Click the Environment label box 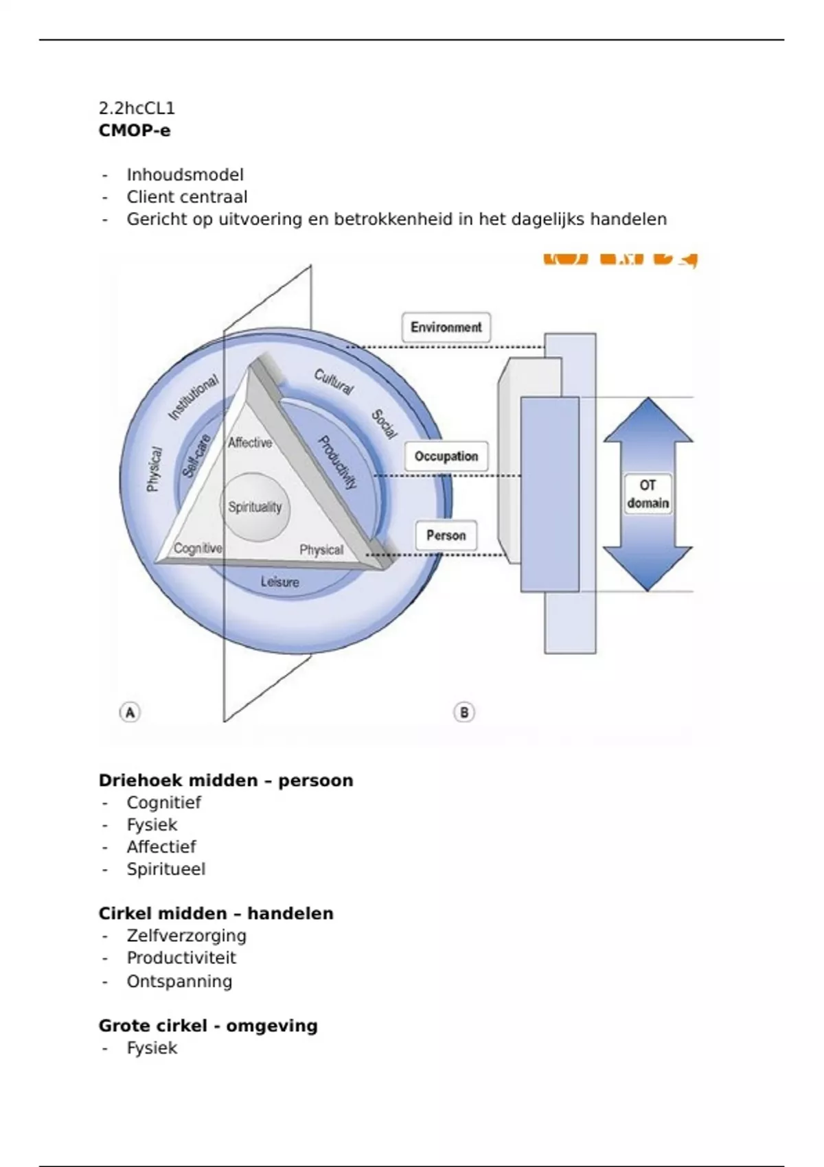[x=446, y=327]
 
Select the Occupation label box [x=446, y=457]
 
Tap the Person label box [x=446, y=535]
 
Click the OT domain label [x=648, y=494]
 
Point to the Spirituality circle [x=255, y=507]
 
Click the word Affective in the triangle [x=250, y=443]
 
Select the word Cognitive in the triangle [x=198, y=548]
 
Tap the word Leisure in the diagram [x=280, y=582]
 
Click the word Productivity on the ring [x=337, y=463]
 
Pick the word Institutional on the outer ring [x=194, y=397]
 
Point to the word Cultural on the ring [x=334, y=382]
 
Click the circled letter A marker [x=130, y=712]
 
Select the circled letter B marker [x=464, y=713]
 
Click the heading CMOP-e [x=135, y=130]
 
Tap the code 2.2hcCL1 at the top [x=137, y=108]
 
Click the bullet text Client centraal [x=187, y=197]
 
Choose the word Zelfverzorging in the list [x=186, y=936]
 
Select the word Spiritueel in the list [x=166, y=869]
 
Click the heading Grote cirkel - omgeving [x=208, y=1026]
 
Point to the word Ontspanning [x=179, y=982]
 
